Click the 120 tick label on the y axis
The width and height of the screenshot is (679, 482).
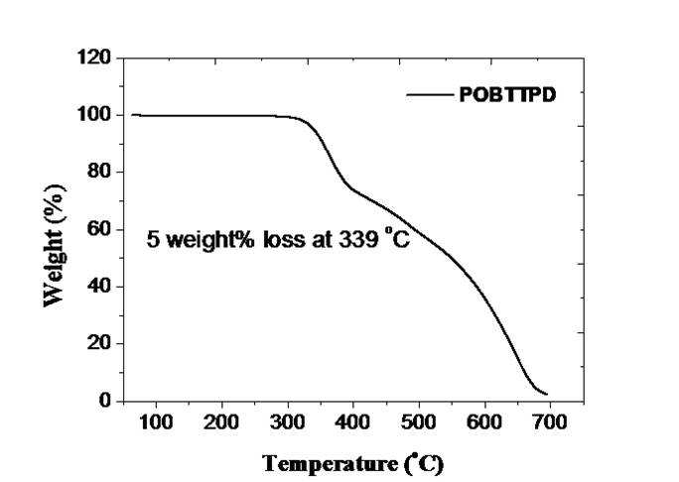point(94,58)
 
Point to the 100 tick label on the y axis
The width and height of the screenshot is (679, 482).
point(94,115)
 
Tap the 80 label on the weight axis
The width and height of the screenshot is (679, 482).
point(99,172)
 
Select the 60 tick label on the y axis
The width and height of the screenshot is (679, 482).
point(99,229)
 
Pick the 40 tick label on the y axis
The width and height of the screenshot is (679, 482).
point(99,286)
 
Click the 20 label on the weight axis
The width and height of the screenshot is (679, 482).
point(99,343)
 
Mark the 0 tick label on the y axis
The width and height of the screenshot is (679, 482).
point(105,401)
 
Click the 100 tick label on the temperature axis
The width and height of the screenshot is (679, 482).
point(156,422)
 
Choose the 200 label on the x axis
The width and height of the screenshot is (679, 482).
point(221,422)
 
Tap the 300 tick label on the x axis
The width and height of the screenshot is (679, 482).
point(287,422)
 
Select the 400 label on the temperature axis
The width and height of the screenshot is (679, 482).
point(353,422)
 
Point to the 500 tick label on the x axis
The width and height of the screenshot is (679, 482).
point(419,422)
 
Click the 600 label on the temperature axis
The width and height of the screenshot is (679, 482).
point(484,422)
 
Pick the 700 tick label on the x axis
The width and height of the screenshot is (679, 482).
point(550,422)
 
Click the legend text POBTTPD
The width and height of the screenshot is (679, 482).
point(507,95)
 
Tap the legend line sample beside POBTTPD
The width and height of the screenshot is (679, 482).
point(429,95)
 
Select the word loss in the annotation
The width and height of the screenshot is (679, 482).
point(284,239)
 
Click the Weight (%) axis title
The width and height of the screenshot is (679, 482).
point(55,245)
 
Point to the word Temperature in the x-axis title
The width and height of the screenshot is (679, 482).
point(330,464)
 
